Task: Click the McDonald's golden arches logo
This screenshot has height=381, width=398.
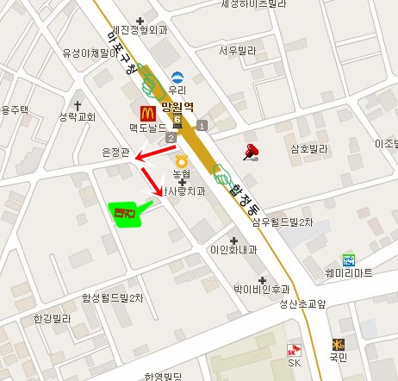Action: point(146,111)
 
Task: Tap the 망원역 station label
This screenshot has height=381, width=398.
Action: point(179,109)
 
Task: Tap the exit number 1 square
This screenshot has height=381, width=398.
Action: point(202,127)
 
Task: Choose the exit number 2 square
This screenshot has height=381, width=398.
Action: point(171,139)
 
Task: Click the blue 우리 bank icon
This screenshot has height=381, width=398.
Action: point(177,77)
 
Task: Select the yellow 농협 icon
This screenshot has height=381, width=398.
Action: point(181,160)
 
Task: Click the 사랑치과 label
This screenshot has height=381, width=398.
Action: point(186,191)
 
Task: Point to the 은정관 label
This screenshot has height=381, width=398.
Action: point(115,153)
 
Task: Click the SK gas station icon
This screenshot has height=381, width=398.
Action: point(294,350)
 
